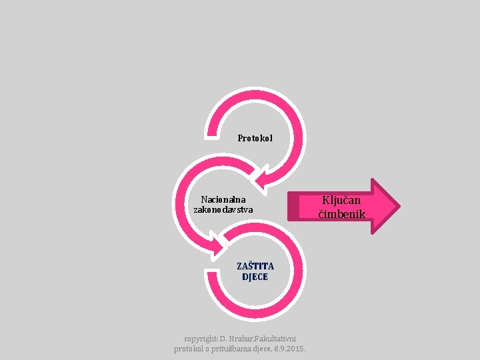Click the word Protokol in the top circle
click(x=255, y=139)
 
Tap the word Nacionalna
click(x=223, y=199)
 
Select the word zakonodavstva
click(x=223, y=210)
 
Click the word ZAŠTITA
click(x=255, y=266)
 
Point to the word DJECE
click(x=255, y=277)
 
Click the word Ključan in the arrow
click(x=341, y=200)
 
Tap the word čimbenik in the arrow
click(x=341, y=214)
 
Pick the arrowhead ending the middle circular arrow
click(x=217, y=249)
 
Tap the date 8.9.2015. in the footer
click(x=290, y=349)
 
